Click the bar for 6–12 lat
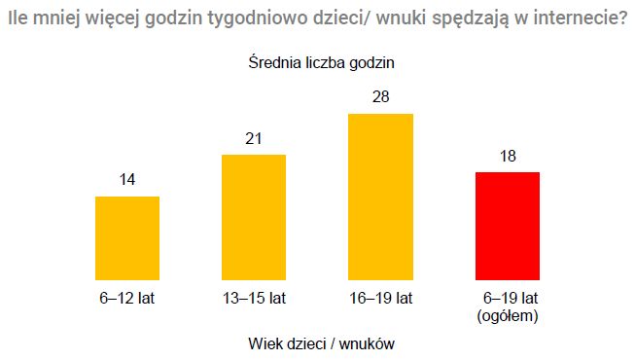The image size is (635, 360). point(126,237)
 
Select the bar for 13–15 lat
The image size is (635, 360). point(254,217)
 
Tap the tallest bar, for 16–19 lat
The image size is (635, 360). point(380,197)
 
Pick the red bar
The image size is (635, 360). point(507,226)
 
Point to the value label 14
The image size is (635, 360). point(126,180)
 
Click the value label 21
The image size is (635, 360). point(254,139)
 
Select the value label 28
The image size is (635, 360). point(380,97)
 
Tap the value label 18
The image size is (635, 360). point(507,156)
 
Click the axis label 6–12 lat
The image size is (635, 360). point(126,298)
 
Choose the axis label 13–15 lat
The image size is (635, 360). point(253,298)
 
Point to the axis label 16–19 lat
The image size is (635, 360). point(380,298)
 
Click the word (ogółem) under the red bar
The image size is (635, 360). point(508,315)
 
